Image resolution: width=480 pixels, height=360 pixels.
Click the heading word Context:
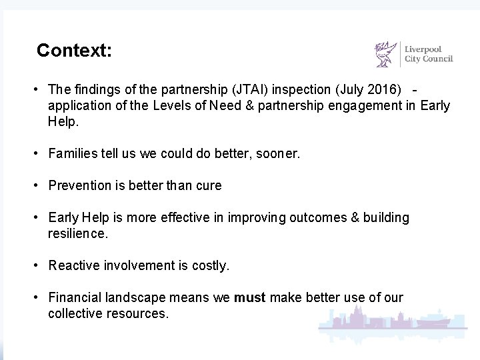[x=74, y=51]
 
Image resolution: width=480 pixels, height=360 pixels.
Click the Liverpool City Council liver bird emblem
[x=386, y=55]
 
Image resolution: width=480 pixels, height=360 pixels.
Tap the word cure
[x=209, y=186]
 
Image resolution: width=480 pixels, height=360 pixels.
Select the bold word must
[x=250, y=298]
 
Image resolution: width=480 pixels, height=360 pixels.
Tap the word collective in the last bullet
[x=75, y=313]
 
